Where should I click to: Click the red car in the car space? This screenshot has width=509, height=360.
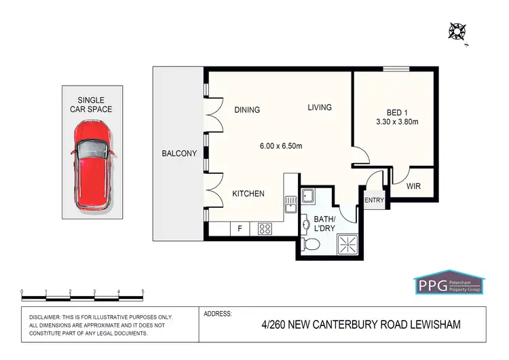92,164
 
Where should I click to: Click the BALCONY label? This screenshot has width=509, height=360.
179,154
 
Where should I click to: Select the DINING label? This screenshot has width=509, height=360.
247,110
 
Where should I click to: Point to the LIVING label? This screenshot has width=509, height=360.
319,107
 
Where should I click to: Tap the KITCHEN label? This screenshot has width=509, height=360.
248,194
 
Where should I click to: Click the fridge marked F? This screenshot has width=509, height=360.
239,230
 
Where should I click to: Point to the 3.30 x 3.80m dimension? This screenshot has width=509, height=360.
397,122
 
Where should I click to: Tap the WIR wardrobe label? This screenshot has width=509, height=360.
413,185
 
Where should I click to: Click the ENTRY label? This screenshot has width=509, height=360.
374,200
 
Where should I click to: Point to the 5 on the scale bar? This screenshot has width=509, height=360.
143,291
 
